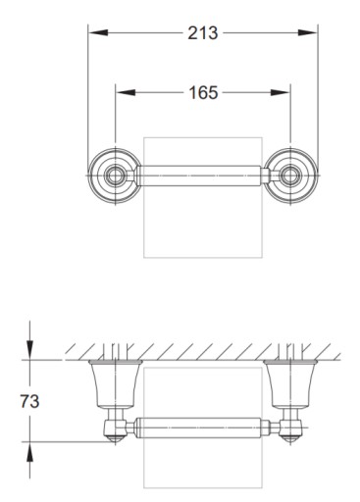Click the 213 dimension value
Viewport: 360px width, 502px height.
point(203,33)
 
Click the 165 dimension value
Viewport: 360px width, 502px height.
point(203,92)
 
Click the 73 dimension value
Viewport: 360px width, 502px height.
point(29,401)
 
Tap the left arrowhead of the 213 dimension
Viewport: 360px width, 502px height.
point(98,32)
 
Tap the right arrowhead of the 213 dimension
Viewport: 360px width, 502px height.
point(307,32)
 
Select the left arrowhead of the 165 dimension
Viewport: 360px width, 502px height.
point(126,92)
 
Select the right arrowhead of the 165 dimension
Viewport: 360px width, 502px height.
point(281,92)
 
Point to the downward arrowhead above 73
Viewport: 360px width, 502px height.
point(29,350)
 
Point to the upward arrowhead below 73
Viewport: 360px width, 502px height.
point(29,452)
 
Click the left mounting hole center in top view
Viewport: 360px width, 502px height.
point(115,176)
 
